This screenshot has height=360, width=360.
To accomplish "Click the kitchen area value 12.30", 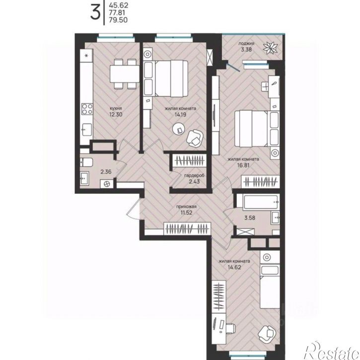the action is (x=116, y=114).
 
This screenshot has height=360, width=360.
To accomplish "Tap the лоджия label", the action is (x=246, y=43).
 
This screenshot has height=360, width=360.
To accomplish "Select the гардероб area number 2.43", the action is (x=194, y=181).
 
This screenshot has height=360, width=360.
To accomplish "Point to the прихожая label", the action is (x=186, y=207).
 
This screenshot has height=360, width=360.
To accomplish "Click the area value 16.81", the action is (x=243, y=165).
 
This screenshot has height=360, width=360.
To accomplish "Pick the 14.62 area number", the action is (x=234, y=267).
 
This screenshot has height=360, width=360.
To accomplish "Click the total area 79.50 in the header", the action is (x=118, y=20).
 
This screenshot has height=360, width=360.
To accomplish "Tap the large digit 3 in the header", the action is (x=95, y=12).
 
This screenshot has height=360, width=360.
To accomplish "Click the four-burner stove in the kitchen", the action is (x=87, y=109).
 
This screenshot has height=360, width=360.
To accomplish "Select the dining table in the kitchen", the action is (x=125, y=73).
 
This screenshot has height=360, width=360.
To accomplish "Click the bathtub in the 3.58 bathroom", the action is (x=261, y=202).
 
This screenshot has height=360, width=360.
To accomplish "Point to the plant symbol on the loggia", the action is (x=271, y=48).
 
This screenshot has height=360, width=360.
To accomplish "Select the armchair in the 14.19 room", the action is (x=195, y=138).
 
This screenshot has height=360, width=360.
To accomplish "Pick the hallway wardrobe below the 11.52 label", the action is (x=187, y=229).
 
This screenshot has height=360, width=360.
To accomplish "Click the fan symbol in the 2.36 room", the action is (x=107, y=184).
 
